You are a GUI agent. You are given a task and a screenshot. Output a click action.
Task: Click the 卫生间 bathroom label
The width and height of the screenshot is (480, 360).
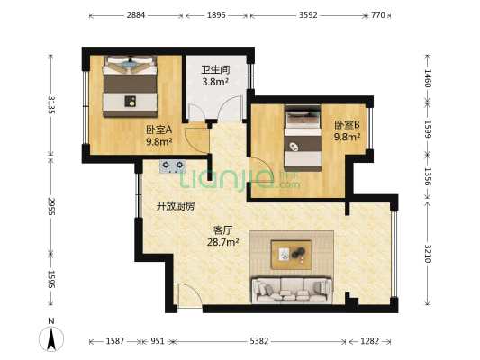tap(215, 68)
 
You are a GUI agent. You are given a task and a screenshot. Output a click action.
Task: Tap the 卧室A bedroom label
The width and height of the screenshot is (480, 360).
tap(158, 129)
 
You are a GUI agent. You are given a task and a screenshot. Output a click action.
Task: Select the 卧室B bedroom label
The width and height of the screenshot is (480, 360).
tap(347, 125)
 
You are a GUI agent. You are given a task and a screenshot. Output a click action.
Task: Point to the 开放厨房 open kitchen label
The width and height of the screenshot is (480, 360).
tap(176, 206)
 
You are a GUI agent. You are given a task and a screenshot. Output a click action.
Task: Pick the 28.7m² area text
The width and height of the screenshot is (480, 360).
tap(224, 242)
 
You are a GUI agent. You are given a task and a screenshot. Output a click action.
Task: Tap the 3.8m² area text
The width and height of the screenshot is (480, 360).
tap(215, 81)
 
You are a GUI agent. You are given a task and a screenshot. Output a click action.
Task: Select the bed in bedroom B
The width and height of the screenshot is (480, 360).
tap(303, 137)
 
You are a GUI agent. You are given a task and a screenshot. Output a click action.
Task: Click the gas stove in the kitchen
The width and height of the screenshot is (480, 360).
tap(173, 166)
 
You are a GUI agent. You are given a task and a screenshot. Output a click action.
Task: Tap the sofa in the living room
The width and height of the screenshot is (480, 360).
tap(292, 289)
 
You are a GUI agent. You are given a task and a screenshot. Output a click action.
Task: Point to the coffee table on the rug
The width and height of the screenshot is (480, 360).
tap(292, 255)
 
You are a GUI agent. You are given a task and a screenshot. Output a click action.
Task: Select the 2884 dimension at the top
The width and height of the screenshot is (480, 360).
tap(136, 15)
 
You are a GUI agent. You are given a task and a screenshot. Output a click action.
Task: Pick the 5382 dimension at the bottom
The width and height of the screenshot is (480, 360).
tap(258, 342)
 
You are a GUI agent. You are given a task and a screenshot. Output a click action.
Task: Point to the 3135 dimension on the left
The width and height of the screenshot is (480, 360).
tap(52, 106)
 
